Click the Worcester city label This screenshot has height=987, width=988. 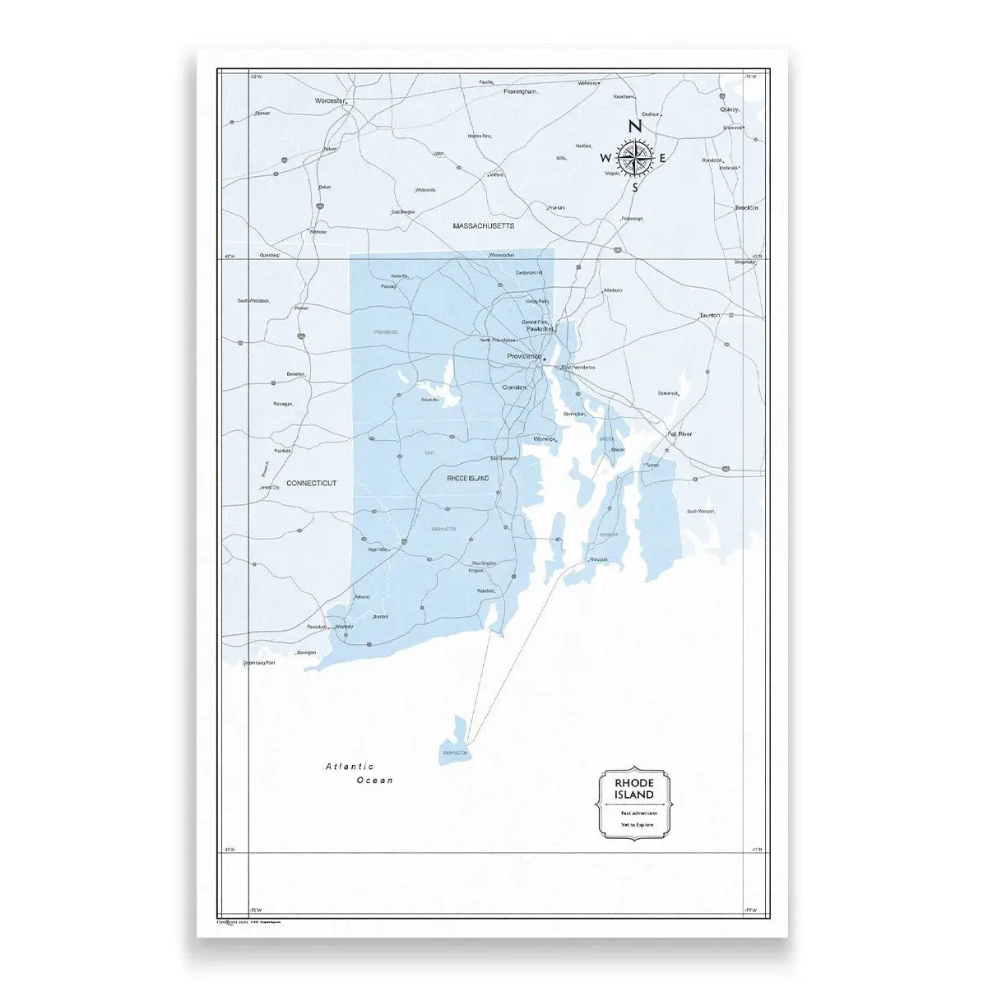pos(328,100)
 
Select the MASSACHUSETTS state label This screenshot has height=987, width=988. pos(484,225)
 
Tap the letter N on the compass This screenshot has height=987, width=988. pos(634,127)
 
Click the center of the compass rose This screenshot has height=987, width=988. pos(635,156)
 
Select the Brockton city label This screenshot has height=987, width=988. pos(746,208)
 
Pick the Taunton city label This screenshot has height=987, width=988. pos(709,316)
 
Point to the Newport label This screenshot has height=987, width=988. pos(598,559)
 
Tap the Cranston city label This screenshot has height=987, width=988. pos(515,387)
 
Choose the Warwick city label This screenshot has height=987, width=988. pos(545,439)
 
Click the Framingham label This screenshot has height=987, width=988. pos(520,92)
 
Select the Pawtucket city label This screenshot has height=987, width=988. pos(540,328)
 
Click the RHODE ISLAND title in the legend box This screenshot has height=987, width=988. pos(634,789)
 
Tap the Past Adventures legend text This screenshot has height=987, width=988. pos(633,813)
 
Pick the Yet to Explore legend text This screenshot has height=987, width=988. pos(633,824)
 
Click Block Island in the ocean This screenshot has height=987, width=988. pos(455,741)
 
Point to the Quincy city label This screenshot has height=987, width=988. pos(730,109)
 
